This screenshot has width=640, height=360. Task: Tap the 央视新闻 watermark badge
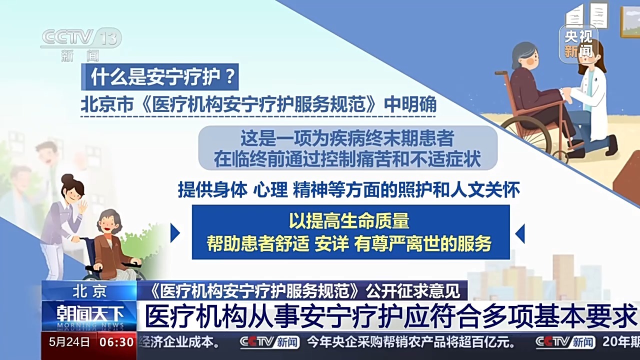pos(578,44)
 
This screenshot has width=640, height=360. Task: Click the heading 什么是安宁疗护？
pos(159,77)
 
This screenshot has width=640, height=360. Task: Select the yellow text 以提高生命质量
pos(348,221)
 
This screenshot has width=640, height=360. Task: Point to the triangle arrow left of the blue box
pos(175,233)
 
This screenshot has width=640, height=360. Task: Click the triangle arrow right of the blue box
pos(520,233)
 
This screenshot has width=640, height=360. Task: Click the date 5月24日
pos(70,342)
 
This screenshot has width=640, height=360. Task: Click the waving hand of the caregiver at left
pos(82,206)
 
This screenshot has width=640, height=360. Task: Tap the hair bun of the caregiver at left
pos(67,178)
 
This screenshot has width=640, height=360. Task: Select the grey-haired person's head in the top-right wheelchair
pos(524,54)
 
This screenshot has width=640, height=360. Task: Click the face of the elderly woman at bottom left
pos(108,222)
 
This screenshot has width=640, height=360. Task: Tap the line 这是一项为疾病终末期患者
pos(347,138)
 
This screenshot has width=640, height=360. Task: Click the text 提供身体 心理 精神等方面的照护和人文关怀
pos(348,189)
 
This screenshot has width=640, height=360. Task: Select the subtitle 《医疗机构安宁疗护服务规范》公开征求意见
pos(303,290)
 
